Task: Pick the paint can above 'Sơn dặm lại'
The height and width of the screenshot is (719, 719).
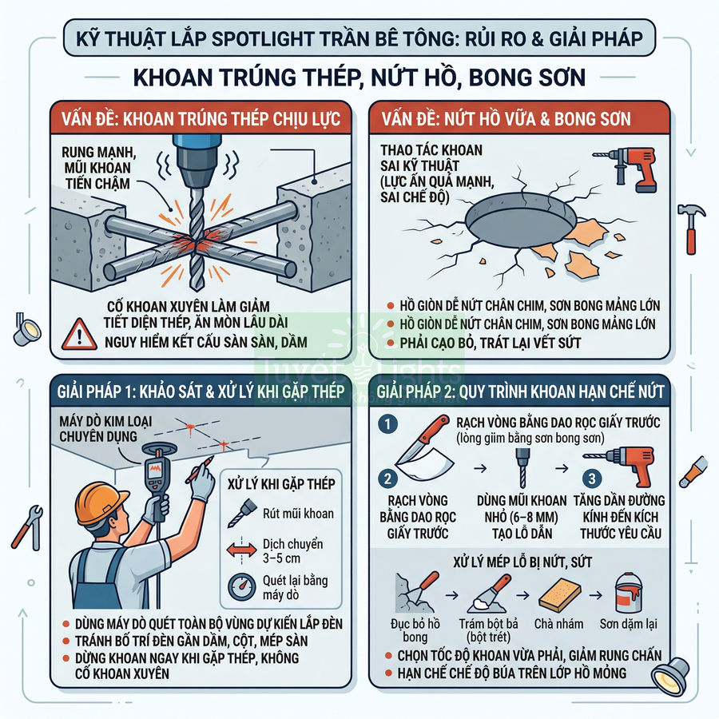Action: click(627, 598)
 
